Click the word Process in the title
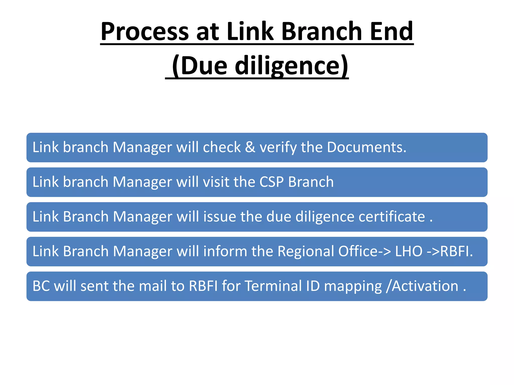pos(145,32)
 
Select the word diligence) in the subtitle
pos(291,66)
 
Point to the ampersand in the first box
pos(250,147)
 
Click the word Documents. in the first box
pos(366,147)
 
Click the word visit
pos(216,182)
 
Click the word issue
pos(219,217)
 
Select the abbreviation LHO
pos(409,251)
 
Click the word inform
pos(225,251)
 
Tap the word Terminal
pos(273,286)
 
